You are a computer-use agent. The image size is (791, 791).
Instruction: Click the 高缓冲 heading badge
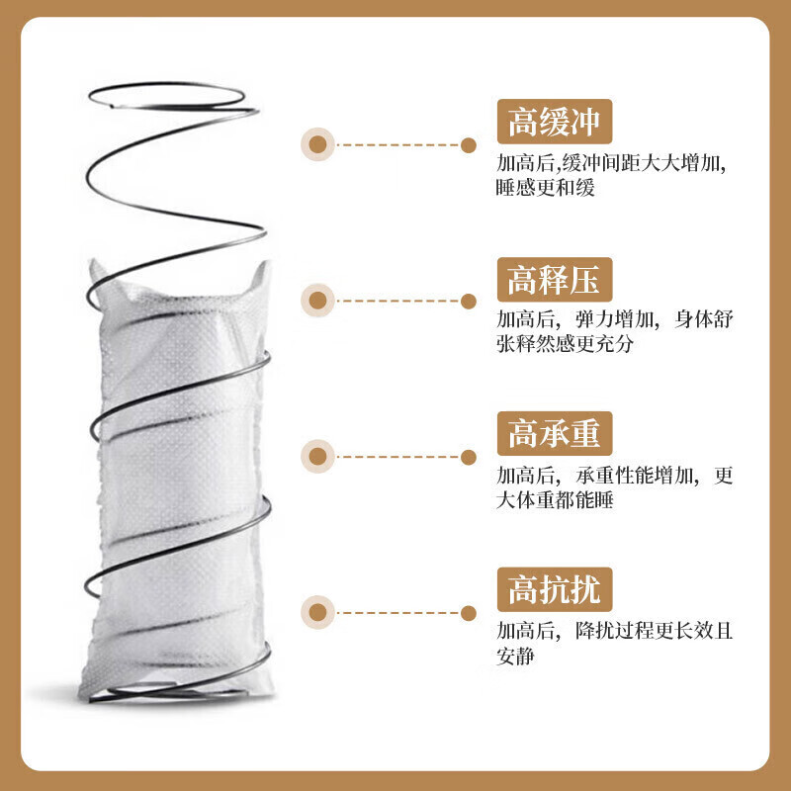(x=555, y=122)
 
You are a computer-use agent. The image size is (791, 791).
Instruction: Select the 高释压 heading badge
(x=555, y=280)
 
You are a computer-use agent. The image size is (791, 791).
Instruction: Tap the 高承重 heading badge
(x=555, y=434)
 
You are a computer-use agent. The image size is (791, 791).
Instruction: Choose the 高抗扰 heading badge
(x=555, y=589)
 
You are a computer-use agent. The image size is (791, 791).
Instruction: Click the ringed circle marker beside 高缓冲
(x=317, y=144)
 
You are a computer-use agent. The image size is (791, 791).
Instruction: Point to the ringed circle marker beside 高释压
(x=317, y=301)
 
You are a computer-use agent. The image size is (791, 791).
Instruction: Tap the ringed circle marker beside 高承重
(x=317, y=457)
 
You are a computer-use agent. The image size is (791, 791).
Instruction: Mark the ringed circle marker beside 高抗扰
(x=317, y=612)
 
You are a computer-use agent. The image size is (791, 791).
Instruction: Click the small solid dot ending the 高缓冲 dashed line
(x=468, y=145)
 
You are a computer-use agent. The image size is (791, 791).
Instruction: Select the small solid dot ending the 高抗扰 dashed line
(x=468, y=613)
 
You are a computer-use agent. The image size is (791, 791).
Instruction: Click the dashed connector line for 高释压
(x=397, y=301)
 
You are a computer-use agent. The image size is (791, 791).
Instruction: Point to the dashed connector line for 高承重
(x=397, y=457)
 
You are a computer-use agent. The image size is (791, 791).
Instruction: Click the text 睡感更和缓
(x=546, y=188)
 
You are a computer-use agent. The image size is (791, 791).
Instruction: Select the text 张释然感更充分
(x=565, y=344)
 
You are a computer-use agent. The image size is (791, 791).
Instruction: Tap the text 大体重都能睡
(x=555, y=500)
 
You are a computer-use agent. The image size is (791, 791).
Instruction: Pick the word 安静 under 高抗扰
(x=515, y=656)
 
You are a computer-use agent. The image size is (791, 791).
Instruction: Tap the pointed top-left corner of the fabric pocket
(x=92, y=261)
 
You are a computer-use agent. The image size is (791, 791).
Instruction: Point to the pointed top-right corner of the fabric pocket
(x=266, y=263)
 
